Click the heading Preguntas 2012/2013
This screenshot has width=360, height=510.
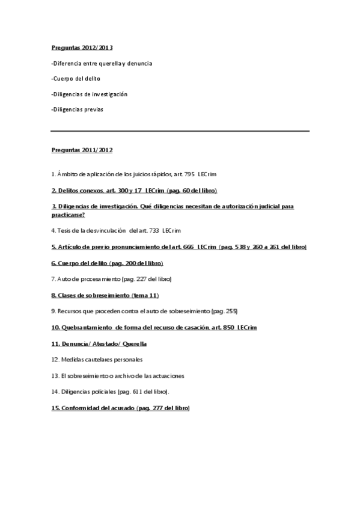coord(82,47)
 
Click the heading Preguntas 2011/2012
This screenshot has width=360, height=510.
coord(82,150)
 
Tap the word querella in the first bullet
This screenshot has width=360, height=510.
coord(111,63)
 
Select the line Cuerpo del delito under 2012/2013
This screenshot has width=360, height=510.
coord(76,79)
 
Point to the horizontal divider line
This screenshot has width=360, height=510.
coord(180,131)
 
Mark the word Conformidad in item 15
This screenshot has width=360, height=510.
coord(83,408)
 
